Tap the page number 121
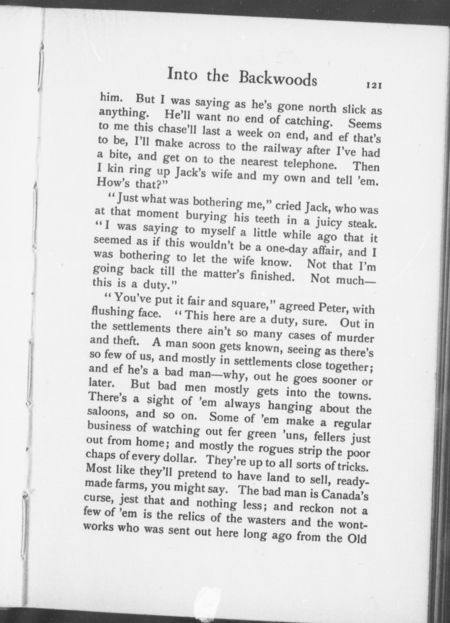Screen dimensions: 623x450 coord(373,86)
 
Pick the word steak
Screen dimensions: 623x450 coord(362,223)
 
